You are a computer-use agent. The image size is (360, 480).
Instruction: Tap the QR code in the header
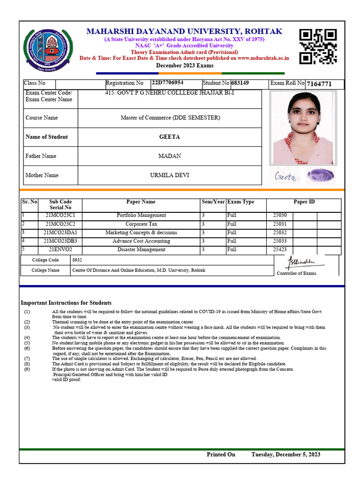tap(318, 46)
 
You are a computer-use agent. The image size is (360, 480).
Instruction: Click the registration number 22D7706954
tap(167, 83)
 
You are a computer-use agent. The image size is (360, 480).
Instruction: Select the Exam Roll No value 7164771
tap(319, 84)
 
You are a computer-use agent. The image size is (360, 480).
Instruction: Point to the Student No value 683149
tap(240, 83)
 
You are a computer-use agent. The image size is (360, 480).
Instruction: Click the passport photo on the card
tap(303, 127)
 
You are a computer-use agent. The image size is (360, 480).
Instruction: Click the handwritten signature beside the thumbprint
tap(285, 177)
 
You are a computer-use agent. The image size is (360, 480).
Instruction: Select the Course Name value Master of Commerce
tap(170, 118)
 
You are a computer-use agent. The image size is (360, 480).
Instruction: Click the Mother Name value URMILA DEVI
tap(170, 175)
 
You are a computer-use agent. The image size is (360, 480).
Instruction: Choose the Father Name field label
tap(41, 156)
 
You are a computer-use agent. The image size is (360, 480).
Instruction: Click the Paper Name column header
tap(141, 202)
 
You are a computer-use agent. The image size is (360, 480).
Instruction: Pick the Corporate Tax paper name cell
tap(141, 224)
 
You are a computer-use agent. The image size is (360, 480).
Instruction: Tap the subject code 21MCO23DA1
tap(60, 232)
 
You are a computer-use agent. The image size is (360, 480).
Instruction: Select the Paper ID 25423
tap(280, 249)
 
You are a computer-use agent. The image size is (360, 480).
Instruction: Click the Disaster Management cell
tap(141, 249)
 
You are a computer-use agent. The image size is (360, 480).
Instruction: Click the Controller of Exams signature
tap(301, 262)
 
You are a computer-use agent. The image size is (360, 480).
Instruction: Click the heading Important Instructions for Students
tap(66, 303)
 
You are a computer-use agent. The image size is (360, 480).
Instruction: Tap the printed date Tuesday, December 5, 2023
tap(286, 454)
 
